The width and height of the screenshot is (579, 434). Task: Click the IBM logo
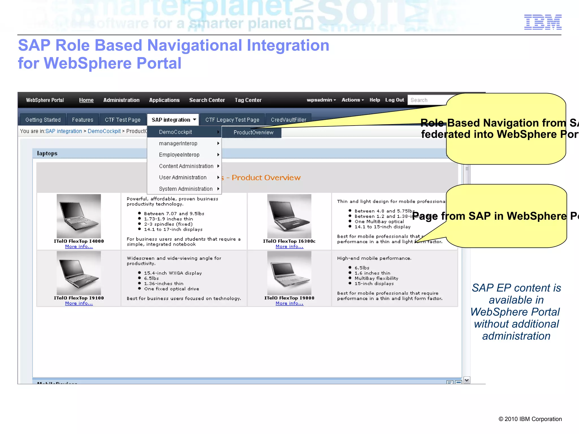[x=543, y=22]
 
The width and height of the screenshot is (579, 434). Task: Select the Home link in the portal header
[x=86, y=100]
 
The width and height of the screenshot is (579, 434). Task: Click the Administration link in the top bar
[x=121, y=100]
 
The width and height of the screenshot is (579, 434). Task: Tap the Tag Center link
[x=248, y=100]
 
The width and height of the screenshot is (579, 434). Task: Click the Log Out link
[x=394, y=100]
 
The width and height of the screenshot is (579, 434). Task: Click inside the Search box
[x=427, y=100]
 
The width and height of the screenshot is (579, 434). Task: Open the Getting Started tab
[x=43, y=120]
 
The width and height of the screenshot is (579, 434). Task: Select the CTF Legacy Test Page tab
[x=232, y=120]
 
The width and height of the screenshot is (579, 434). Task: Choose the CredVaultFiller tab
[x=288, y=120]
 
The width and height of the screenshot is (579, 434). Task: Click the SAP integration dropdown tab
[x=173, y=120]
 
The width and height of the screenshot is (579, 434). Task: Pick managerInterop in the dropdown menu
[x=178, y=144]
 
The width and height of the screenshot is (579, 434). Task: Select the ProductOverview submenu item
[x=253, y=132]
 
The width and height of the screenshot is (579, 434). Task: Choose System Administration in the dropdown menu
[x=186, y=189]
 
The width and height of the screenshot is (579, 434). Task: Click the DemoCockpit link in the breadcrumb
[x=104, y=131]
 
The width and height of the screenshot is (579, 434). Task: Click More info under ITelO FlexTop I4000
[x=79, y=247]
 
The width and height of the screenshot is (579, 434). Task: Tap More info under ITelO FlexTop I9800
[x=289, y=303]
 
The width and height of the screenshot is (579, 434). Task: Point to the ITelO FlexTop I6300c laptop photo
[x=289, y=216]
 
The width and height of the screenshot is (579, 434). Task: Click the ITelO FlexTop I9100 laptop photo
[x=79, y=273]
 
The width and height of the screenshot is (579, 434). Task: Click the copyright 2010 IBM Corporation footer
[x=530, y=419]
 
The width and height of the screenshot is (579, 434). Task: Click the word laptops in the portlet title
[x=47, y=154]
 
